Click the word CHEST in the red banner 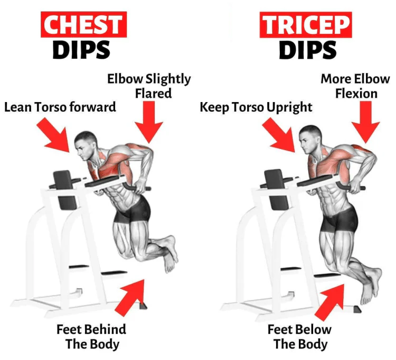[x=81, y=25]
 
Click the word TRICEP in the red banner [x=298, y=25]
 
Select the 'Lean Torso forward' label [x=60, y=107]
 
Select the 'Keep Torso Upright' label [x=256, y=107]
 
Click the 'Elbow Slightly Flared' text [x=149, y=86]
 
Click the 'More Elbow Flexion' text [x=355, y=86]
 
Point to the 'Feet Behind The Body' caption [x=92, y=337]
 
